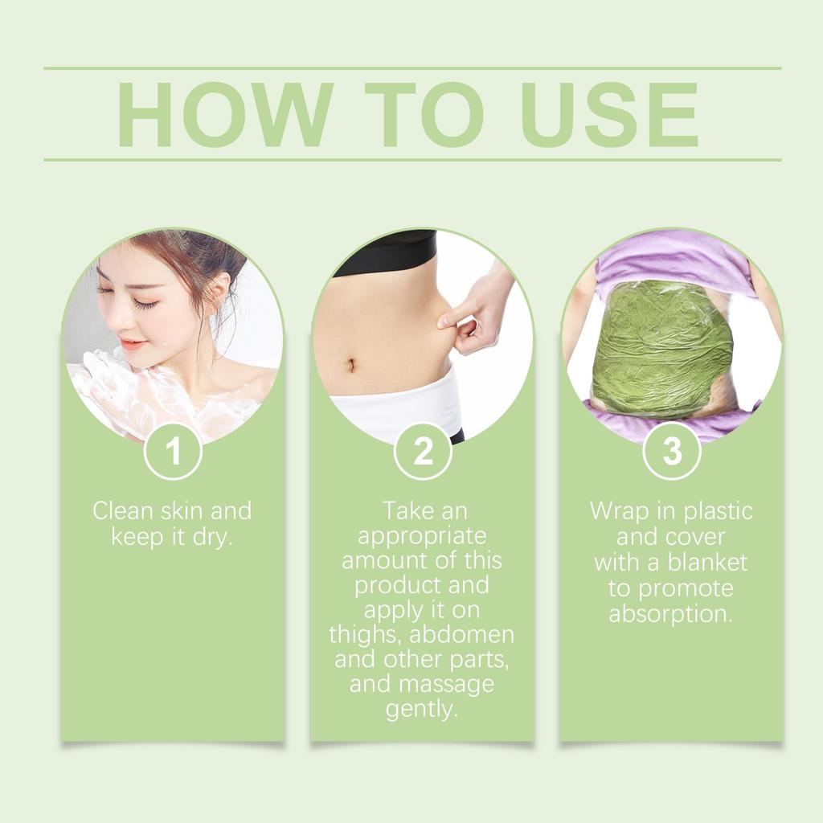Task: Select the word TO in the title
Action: [424, 114]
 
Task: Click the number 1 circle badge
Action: [173, 452]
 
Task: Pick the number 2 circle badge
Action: [423, 452]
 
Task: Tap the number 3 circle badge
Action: [672, 452]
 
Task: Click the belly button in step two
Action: [351, 366]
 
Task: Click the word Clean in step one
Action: [122, 511]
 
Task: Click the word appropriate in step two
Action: [422, 536]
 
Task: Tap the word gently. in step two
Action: [422, 710]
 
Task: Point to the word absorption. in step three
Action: [671, 614]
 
